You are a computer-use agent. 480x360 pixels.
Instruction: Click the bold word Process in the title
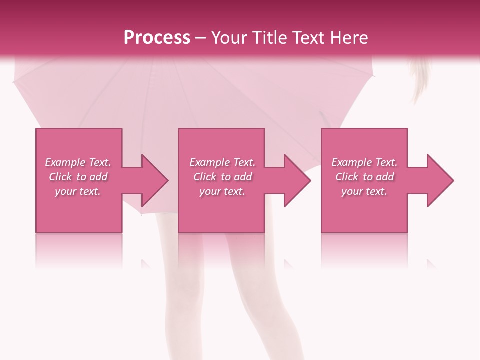pyautogui.click(x=157, y=38)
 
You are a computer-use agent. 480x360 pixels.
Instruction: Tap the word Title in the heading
pyautogui.click(x=268, y=38)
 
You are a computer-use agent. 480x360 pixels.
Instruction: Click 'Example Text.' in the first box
pyautogui.click(x=78, y=162)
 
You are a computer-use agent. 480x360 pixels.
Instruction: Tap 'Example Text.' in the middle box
pyautogui.click(x=222, y=162)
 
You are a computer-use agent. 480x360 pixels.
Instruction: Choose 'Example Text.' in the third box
pyautogui.click(x=364, y=162)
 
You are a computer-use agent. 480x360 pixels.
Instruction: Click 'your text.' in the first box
pyautogui.click(x=78, y=191)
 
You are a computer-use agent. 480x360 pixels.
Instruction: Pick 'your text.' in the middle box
pyautogui.click(x=222, y=191)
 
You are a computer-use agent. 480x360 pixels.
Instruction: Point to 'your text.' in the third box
pyautogui.click(x=364, y=191)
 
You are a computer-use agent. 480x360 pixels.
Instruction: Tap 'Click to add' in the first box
pyautogui.click(x=78, y=177)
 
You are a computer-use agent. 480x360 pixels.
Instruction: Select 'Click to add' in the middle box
pyautogui.click(x=222, y=177)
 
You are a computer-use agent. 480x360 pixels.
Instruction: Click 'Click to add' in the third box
pyautogui.click(x=364, y=177)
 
